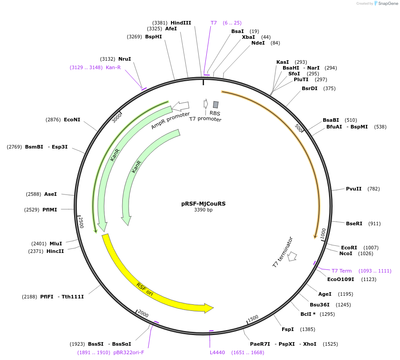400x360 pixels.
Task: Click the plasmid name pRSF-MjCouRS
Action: point(203,203)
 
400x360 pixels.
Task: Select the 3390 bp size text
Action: point(203,210)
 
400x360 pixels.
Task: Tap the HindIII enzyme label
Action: point(180,23)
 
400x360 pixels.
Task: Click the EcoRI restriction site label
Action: point(349,248)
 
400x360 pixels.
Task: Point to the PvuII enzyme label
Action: point(354,189)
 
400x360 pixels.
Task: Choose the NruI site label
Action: point(125,59)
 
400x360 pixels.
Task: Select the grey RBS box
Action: point(216,104)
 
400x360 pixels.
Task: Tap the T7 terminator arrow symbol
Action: point(292,256)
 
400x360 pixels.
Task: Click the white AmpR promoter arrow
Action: point(180,106)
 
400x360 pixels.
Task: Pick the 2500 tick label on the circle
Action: point(81,222)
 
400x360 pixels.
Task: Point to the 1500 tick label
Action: point(253,318)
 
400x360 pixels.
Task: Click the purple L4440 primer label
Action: point(217,352)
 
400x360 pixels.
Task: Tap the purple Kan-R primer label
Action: point(113,67)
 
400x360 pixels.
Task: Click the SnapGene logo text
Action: point(387,3)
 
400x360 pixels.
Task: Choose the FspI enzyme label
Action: point(287,329)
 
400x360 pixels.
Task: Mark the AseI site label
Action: point(50,194)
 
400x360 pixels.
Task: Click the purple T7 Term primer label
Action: point(342,271)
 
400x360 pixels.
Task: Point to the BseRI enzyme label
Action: point(354,223)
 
